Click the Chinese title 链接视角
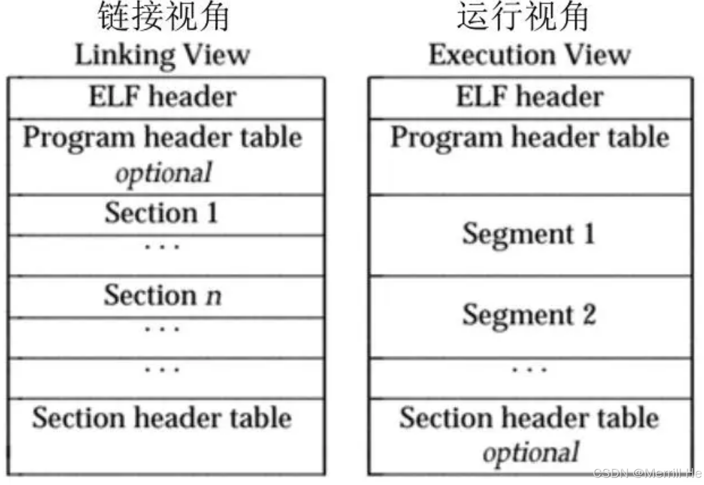pyautogui.click(x=163, y=16)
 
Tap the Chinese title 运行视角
pyautogui.click(x=522, y=16)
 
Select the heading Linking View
pyautogui.click(x=162, y=55)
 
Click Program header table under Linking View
pyautogui.click(x=163, y=138)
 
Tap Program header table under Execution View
pyautogui.click(x=530, y=138)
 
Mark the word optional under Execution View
pyautogui.click(x=531, y=453)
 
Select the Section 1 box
pyautogui.click(x=166, y=216)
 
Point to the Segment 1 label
pyautogui.click(x=528, y=234)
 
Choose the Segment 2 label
pyautogui.click(x=529, y=315)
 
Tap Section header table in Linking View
pyautogui.click(x=162, y=418)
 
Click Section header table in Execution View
pyautogui.click(x=529, y=418)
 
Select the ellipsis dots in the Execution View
pyautogui.click(x=529, y=369)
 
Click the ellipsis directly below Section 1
pyautogui.click(x=162, y=247)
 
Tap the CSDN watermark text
pyautogui.click(x=648, y=473)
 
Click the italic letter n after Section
pyautogui.click(x=214, y=296)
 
